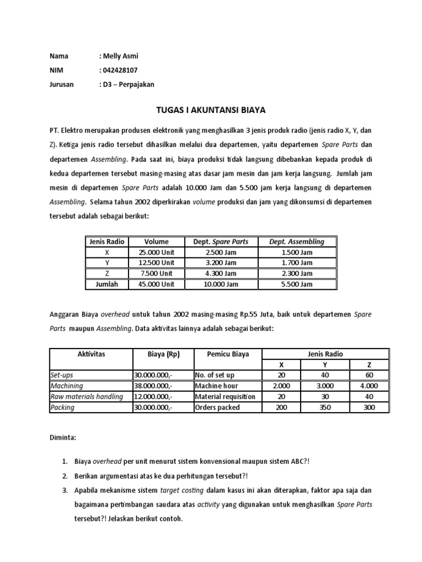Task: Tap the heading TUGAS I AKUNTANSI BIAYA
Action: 210,110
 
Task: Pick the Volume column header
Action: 156,241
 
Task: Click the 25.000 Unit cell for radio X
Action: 156,252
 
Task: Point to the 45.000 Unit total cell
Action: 156,284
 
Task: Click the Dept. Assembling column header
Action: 297,241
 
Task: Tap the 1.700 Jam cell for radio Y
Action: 297,263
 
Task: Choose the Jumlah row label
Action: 107,284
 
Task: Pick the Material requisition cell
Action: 225,397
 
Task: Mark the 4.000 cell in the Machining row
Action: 369,386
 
